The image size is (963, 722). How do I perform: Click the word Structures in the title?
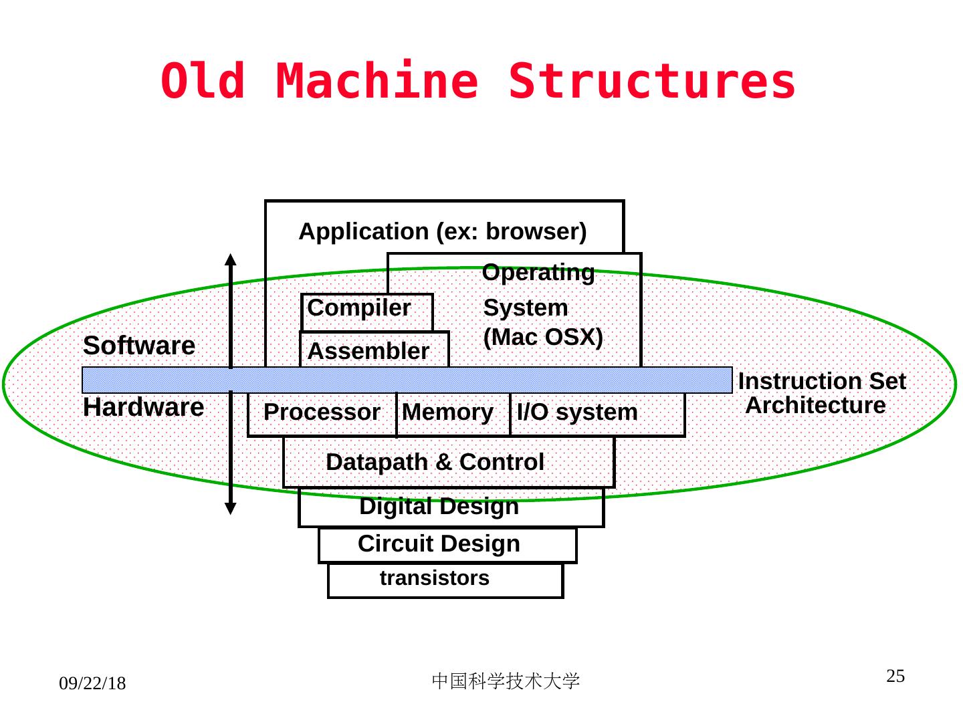652,82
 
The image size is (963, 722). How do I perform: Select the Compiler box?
366,310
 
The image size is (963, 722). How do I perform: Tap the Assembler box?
373,350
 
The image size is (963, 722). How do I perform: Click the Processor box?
322,413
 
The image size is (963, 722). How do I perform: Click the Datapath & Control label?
435,462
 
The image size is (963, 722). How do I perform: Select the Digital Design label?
439,507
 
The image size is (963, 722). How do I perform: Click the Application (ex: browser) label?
443,231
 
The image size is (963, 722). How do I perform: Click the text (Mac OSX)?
543,338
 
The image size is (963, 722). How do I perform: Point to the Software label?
139,346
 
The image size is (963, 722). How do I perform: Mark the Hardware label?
143,407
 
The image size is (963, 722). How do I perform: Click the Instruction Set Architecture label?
821,393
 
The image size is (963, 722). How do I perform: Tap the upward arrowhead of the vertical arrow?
230,259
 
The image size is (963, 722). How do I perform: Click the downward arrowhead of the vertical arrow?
230,508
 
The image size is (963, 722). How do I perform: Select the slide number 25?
895,676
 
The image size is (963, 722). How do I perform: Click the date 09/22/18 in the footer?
92,684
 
